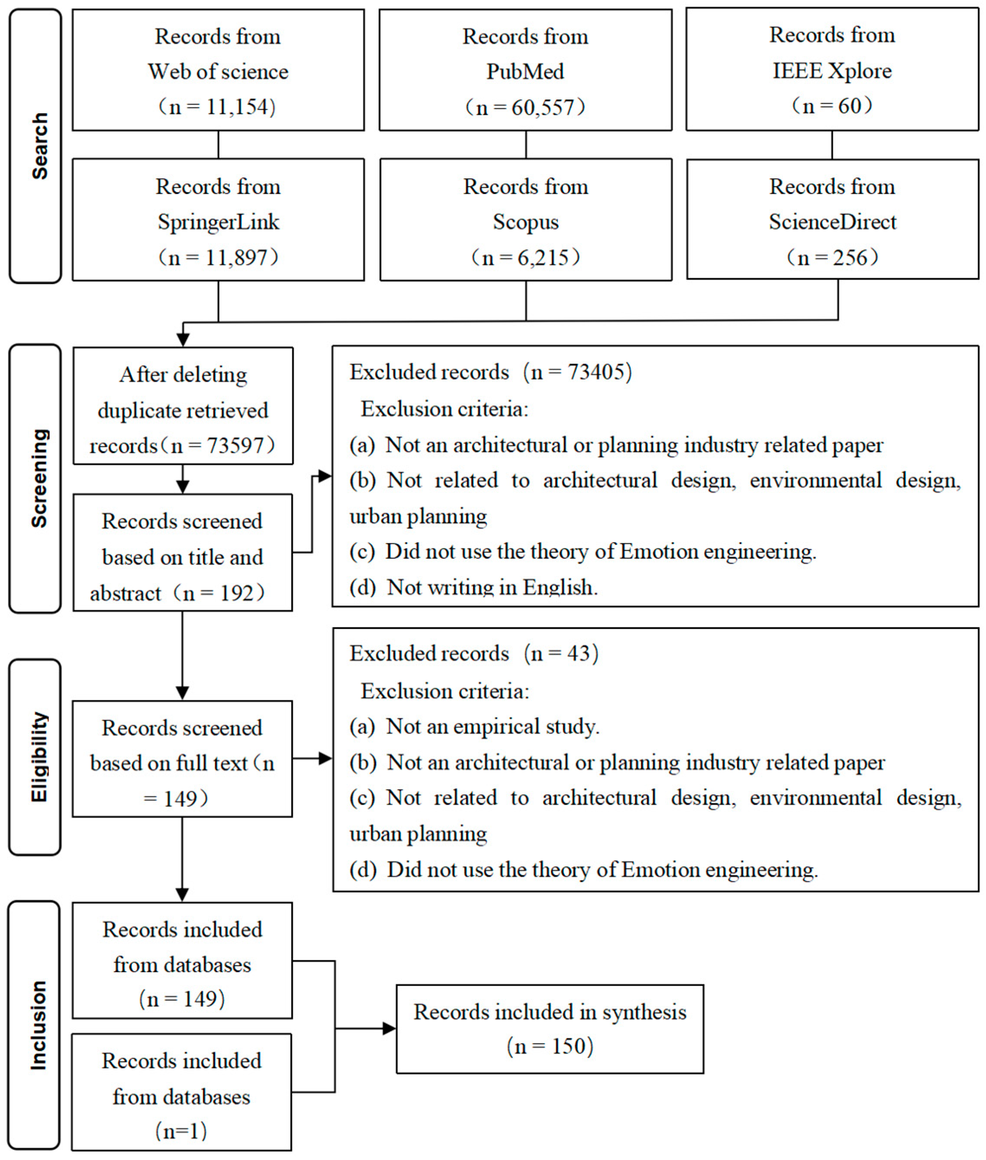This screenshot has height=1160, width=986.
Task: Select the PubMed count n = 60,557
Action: coord(525,107)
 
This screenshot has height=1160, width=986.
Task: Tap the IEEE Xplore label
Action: coord(832,71)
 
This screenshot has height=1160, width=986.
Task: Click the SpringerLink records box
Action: coord(218,220)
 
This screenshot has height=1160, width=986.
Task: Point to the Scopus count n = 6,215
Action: coord(525,257)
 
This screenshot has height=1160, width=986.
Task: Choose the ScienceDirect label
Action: coord(832,222)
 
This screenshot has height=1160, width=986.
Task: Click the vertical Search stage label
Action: coord(39,145)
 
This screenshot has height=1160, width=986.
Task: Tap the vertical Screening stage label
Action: coord(39,478)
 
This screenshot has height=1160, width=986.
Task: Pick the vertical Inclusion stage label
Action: coord(38,1025)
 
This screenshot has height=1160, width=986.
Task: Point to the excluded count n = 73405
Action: coord(578,372)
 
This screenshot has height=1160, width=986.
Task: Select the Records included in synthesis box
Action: coord(549,1028)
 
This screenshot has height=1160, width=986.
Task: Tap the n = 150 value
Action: coord(549,1046)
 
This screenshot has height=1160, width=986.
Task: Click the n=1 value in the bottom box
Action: coord(181,1131)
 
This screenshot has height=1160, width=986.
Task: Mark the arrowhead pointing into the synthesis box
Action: coord(389,1028)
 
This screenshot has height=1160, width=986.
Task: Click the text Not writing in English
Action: coord(492,587)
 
